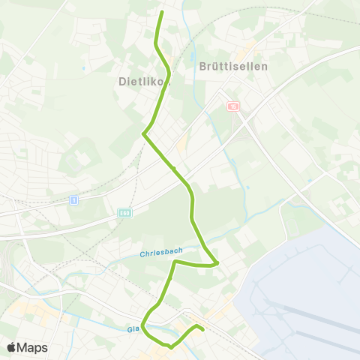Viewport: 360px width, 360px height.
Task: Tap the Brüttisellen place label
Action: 233,66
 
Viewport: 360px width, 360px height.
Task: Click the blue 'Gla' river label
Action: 133,328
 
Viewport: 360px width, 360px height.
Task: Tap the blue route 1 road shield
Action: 73,199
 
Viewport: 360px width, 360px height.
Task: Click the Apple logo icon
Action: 11,347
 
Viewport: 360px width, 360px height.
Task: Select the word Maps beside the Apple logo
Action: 32,347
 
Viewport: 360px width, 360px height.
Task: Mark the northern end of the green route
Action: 162,13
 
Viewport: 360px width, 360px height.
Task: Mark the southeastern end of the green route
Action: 203,328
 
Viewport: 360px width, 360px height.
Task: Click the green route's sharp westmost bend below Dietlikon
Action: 143,133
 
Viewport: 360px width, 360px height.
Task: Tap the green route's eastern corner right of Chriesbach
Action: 217,263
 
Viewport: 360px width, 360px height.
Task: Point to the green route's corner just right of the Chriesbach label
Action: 175,262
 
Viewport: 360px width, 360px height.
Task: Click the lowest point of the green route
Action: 171,347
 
